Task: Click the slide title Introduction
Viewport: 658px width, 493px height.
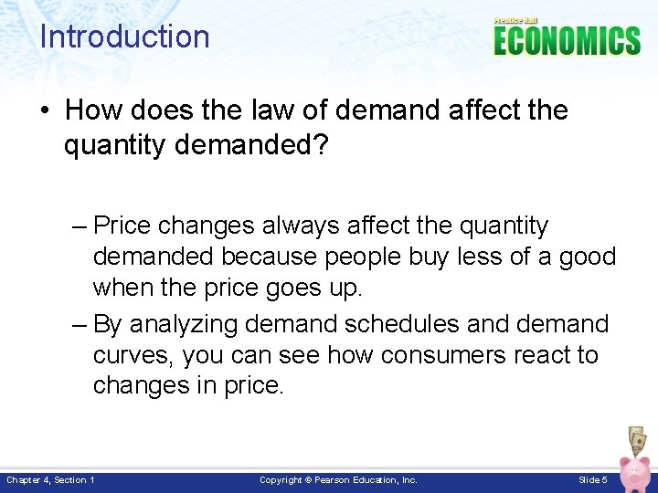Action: click(124, 37)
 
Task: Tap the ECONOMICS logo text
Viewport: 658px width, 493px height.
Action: click(567, 42)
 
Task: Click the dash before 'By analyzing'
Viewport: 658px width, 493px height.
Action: click(78, 324)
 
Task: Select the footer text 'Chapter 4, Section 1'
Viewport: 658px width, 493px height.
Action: click(50, 479)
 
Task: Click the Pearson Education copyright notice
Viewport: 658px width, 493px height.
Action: click(338, 479)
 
